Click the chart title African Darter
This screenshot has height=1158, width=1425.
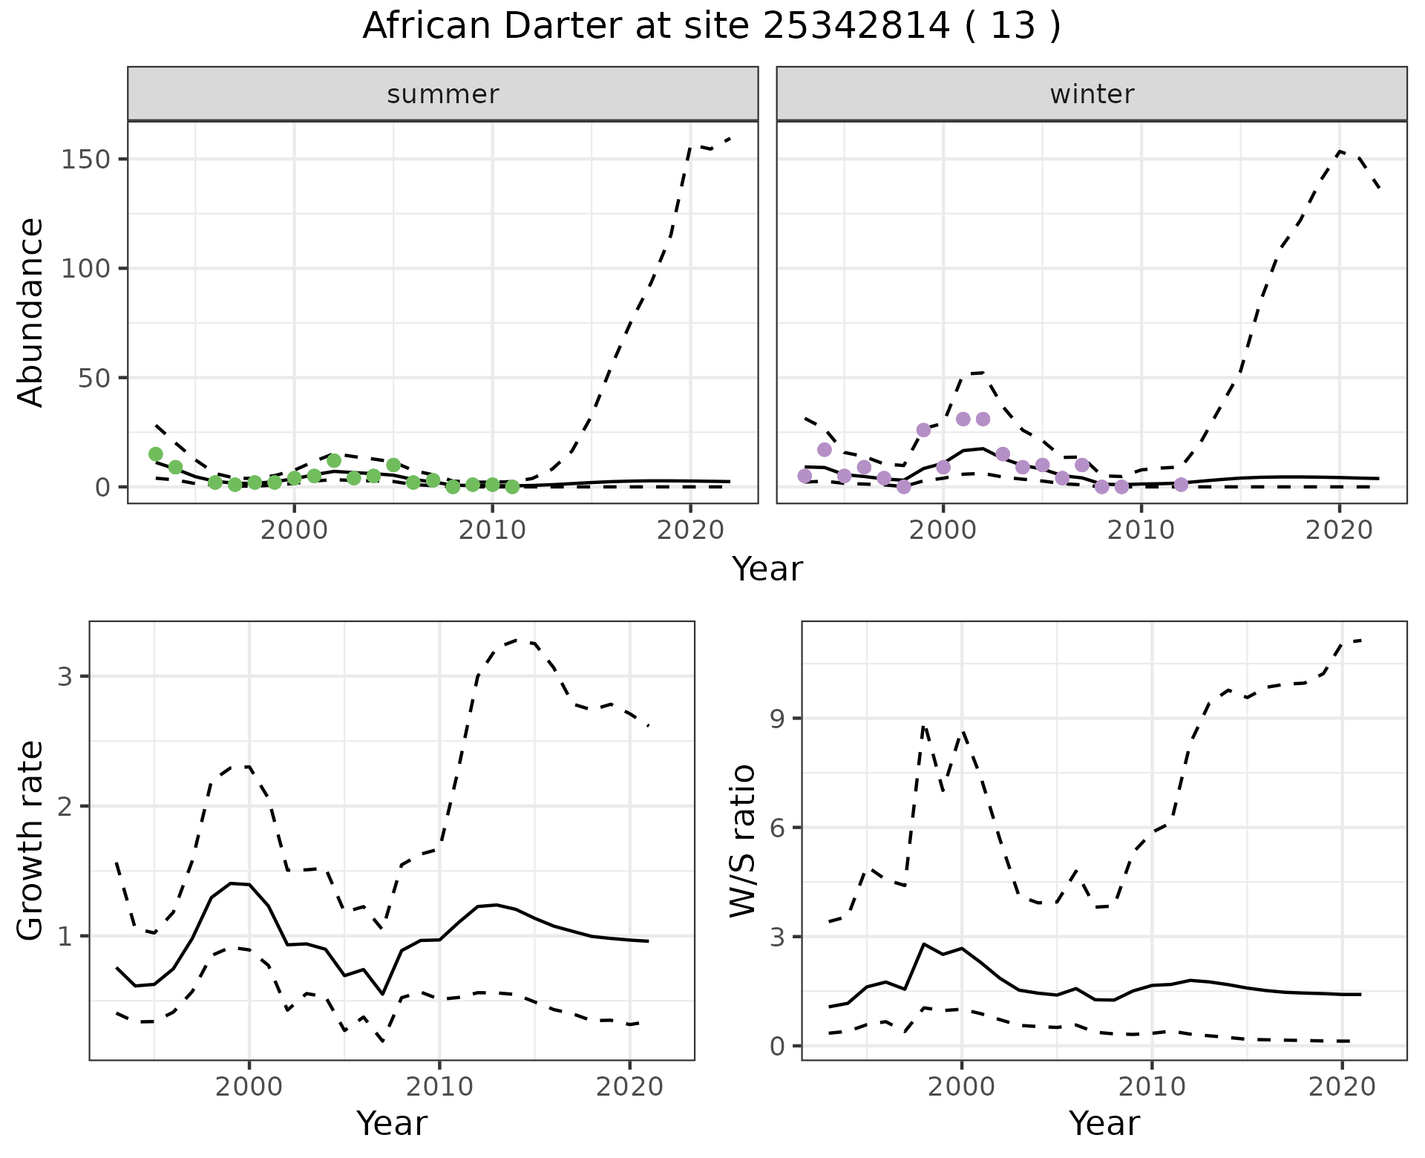coord(711,27)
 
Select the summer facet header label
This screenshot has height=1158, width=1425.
coord(443,94)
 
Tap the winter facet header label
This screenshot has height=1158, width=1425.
coord(1092,94)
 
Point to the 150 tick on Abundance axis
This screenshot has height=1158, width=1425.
coord(86,160)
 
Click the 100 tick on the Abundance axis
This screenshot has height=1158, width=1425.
coord(86,269)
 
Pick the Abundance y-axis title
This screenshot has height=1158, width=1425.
coord(31,312)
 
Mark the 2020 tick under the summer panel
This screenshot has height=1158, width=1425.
coord(690,531)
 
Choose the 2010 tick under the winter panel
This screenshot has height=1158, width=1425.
coord(1141,531)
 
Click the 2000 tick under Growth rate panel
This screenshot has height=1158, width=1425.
coord(249,1087)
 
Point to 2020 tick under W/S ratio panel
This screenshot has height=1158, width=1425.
coord(1342,1087)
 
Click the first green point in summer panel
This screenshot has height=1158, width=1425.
coord(156,454)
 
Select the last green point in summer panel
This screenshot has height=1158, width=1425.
coord(512,487)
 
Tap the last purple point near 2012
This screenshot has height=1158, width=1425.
coord(1182,485)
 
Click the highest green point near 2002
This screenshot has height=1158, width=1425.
coord(334,460)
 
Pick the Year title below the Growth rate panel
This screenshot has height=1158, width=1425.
coord(392,1124)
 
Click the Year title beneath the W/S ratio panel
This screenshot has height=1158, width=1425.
coord(1104,1124)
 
